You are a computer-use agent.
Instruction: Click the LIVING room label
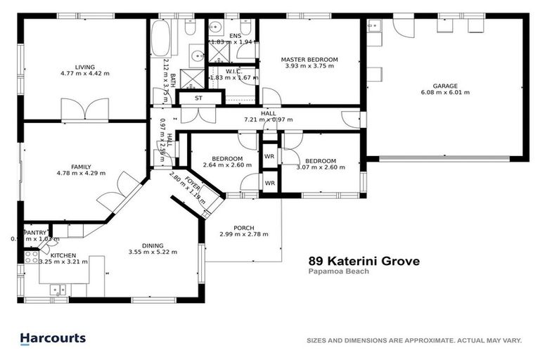pos(84,67)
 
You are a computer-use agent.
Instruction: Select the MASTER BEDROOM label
pos(309,60)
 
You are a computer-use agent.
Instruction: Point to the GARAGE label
pos(445,86)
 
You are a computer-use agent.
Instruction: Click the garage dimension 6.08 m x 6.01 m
pos(445,92)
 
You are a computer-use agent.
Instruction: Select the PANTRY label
pos(35,233)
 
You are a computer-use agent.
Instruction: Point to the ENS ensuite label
pos(235,35)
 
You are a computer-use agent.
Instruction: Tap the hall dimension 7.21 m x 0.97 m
pos(268,120)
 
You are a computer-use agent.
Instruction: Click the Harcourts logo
pos(53,338)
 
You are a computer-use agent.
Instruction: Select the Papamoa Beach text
pos(339,271)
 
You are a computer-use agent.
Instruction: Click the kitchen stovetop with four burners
pos(31,257)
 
